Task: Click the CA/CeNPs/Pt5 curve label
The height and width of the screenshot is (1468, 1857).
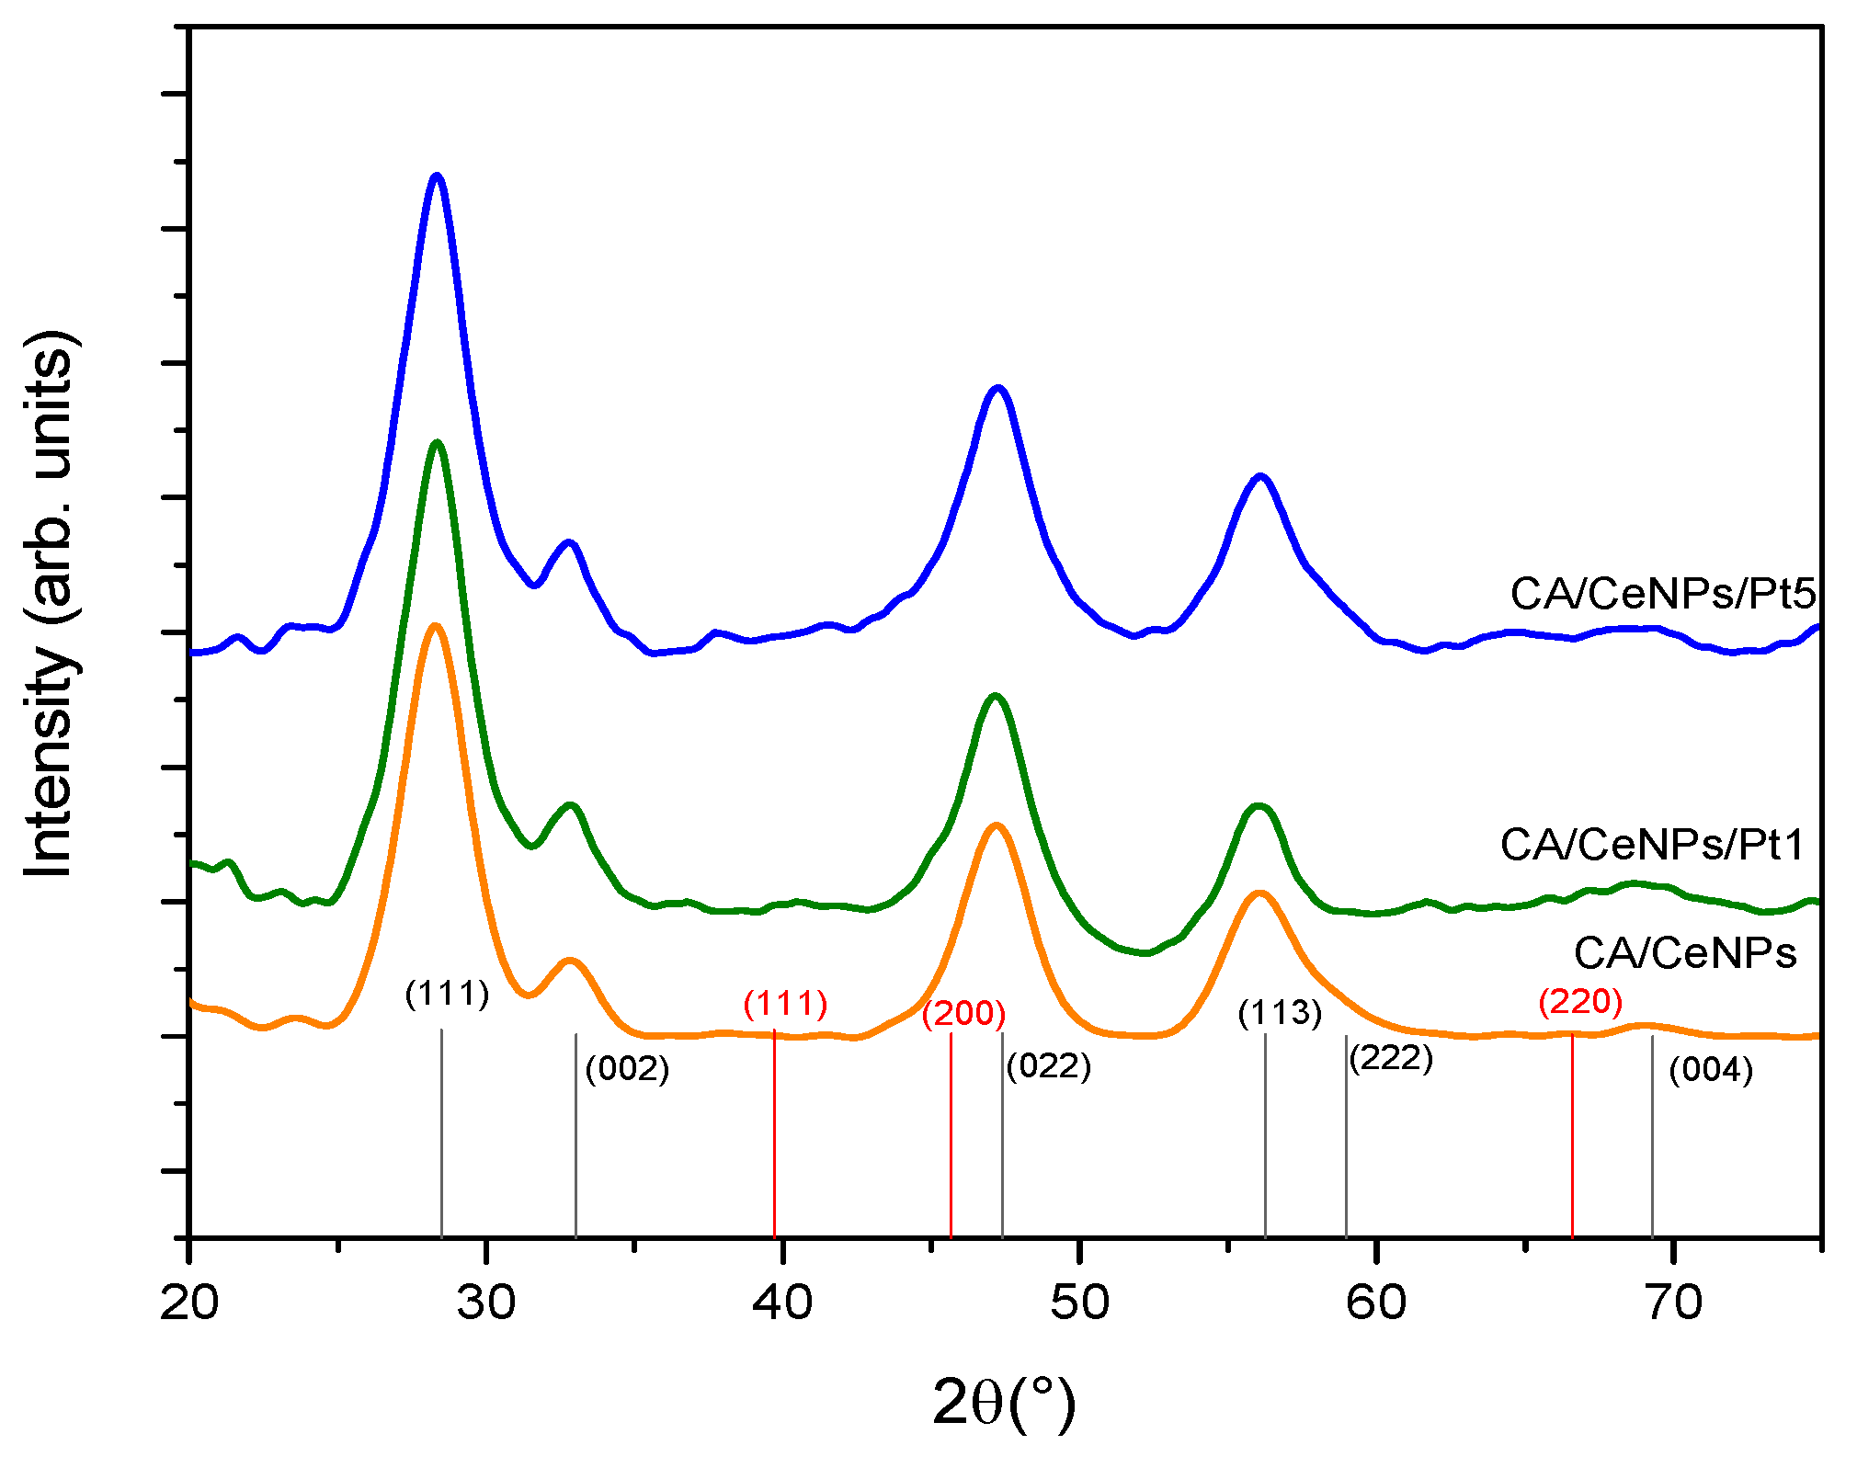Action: tap(1663, 594)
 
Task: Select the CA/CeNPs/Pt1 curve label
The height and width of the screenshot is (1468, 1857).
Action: tap(1653, 845)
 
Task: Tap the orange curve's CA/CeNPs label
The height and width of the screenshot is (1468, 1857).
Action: tap(1684, 953)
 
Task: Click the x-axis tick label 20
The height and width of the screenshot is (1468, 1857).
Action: tap(189, 1303)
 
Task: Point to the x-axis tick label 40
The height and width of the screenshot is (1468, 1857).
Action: tap(782, 1303)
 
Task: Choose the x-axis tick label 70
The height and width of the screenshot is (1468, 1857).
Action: tap(1673, 1303)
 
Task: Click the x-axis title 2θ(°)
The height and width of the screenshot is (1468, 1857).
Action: tap(1003, 1403)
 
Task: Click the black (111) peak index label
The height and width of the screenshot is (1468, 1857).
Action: tap(447, 994)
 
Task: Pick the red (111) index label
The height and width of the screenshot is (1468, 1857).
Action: tap(785, 1003)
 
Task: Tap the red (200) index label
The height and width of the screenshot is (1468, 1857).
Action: tap(963, 1013)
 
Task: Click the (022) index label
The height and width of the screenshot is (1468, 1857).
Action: tap(1048, 1066)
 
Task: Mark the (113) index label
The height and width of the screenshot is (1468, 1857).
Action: tap(1279, 1013)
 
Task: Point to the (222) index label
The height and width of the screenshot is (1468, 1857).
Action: tap(1391, 1059)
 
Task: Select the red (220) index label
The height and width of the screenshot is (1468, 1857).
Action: tap(1579, 1001)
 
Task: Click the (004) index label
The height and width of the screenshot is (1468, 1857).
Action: tap(1710, 1070)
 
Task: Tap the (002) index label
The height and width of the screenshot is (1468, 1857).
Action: tap(627, 1068)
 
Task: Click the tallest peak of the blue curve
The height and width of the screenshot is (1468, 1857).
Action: tap(437, 176)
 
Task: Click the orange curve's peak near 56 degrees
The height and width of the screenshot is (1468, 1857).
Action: tap(1259, 893)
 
